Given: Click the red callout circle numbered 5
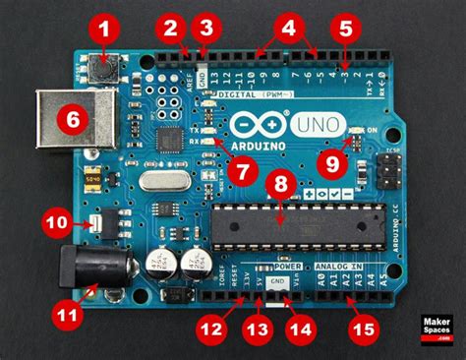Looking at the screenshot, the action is click(346, 28).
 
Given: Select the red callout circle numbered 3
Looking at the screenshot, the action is click(205, 28).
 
